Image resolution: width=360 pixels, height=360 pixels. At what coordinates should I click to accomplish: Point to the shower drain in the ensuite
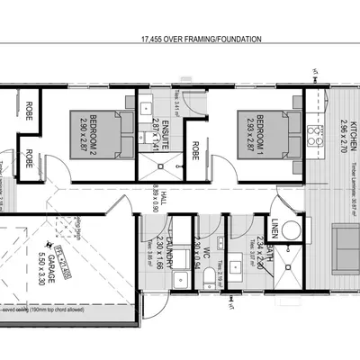[149, 162]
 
